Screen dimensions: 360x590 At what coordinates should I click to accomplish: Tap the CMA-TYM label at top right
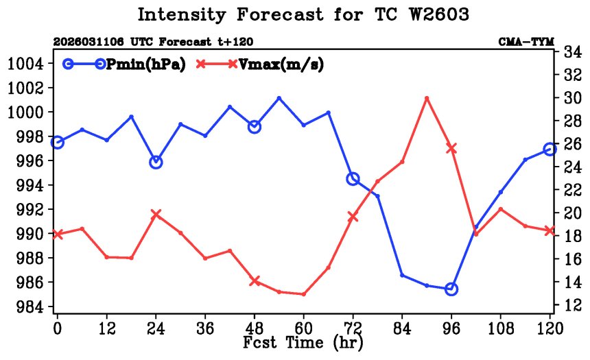click(526, 43)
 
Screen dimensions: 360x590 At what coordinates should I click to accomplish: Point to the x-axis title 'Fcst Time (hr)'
click(303, 341)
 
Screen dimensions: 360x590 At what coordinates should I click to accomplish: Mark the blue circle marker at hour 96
click(451, 289)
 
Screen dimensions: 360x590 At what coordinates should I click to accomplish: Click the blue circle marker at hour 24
click(156, 163)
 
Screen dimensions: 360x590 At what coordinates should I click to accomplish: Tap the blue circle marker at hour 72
click(353, 179)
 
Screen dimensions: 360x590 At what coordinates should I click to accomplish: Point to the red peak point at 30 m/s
click(427, 98)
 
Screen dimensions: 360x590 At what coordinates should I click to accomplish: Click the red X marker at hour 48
click(255, 281)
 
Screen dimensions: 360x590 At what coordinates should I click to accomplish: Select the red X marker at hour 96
click(451, 147)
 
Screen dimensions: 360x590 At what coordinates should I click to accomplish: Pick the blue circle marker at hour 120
click(550, 149)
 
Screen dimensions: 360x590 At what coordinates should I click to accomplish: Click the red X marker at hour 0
click(58, 235)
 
